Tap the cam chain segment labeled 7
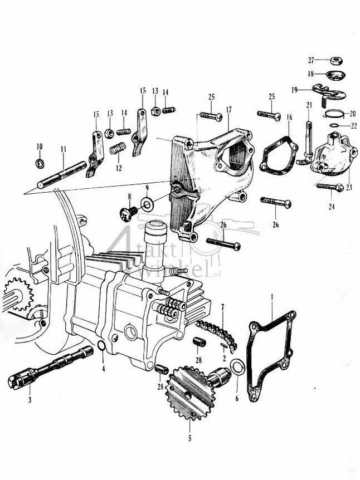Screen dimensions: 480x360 click(x=215, y=334)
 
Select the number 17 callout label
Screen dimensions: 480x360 click(x=229, y=109)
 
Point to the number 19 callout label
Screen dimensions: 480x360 click(x=294, y=89)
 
